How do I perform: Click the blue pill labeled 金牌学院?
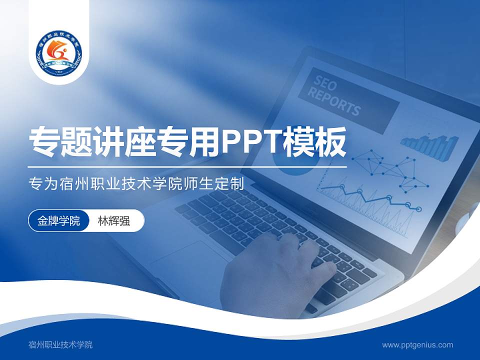coord(58,221)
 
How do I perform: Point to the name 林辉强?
coord(114,221)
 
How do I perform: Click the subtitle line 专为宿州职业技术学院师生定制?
coord(136,183)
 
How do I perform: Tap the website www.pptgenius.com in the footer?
coord(417,344)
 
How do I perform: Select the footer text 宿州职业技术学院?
coord(60,344)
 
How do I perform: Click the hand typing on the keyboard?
coord(280,270)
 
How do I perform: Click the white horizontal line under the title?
coord(187,166)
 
